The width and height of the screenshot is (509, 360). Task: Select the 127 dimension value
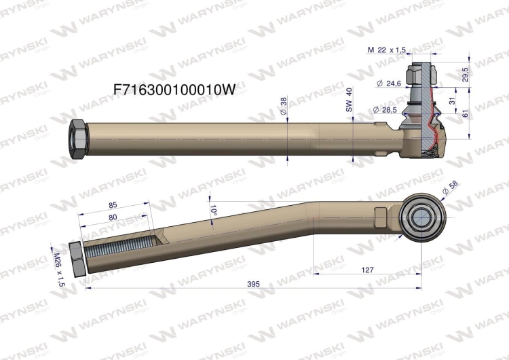pos(367,270)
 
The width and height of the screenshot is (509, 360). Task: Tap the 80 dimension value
pos(113,217)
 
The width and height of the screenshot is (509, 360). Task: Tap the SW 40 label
pos(349,101)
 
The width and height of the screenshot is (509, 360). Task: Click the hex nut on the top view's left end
pos(77,137)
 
